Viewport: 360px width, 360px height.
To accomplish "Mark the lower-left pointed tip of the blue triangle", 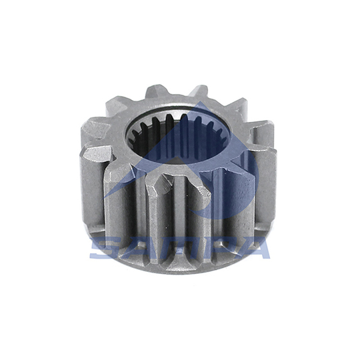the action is pyautogui.click(x=105, y=197).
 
